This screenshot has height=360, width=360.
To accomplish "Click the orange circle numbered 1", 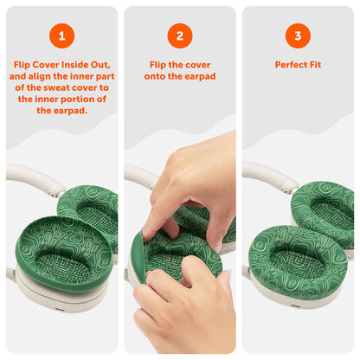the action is pos(61,35).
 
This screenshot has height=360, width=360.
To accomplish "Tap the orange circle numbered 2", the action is pos(180,35).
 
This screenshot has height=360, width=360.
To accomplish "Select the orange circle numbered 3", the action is pos(298,35).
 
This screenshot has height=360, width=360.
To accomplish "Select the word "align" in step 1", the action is pos(39,76).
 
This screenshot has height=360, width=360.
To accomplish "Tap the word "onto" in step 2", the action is pos(155,76).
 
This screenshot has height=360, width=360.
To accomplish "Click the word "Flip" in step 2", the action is pos(158,65).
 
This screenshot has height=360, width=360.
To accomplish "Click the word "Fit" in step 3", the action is pos(315,65).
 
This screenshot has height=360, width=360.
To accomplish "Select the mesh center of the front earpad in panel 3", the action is pos(298,265).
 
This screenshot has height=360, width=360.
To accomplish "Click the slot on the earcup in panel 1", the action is pos(60,310).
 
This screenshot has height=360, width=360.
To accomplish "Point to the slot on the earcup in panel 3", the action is pos(295,305).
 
